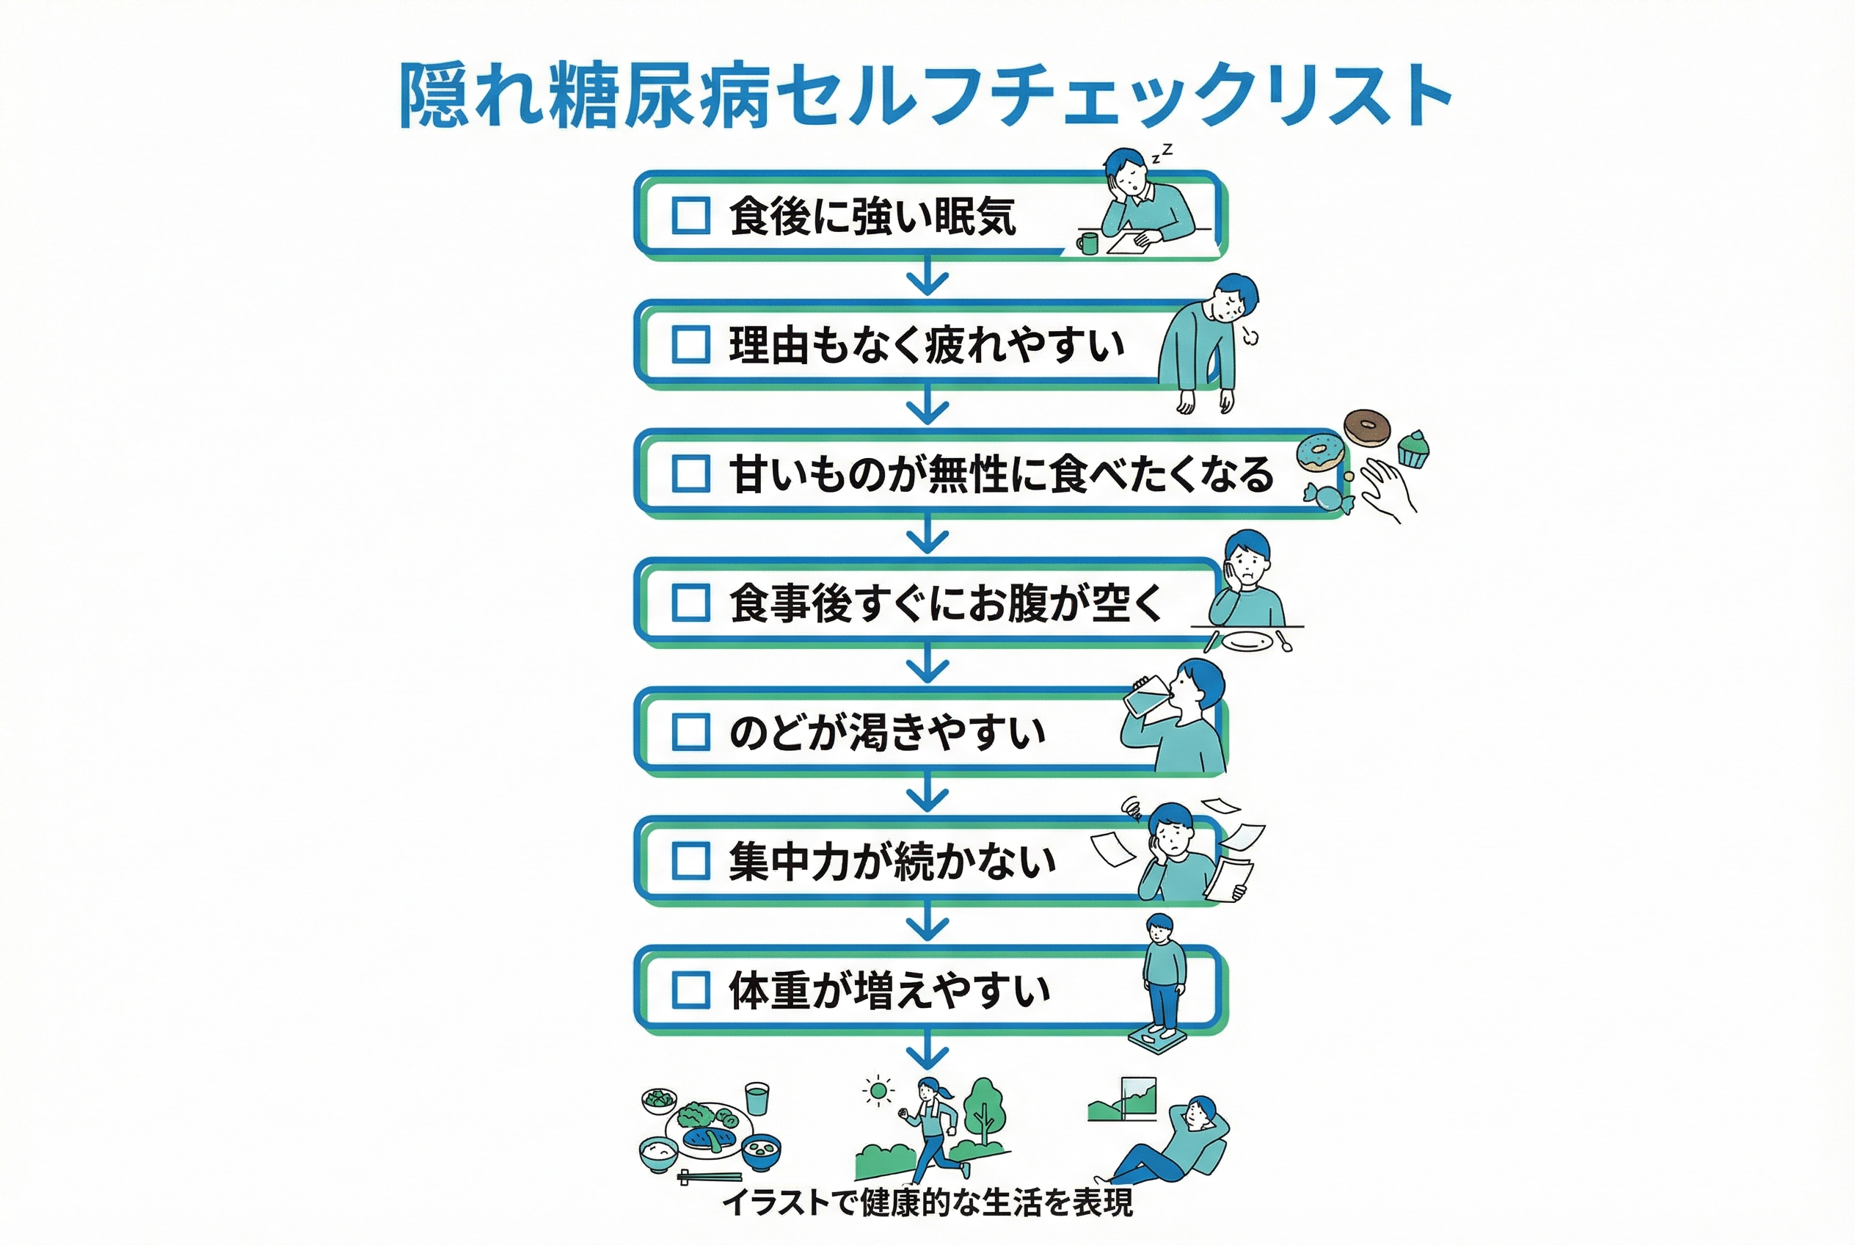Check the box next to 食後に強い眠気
coord(690,215)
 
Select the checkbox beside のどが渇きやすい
coord(690,731)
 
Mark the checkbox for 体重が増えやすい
coord(690,990)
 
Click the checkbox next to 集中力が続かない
coord(690,860)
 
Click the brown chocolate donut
coord(1366,428)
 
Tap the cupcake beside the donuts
coord(1412,449)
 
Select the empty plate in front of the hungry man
coord(1247,641)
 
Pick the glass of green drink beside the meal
coord(757,1100)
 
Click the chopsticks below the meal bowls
coord(710,1177)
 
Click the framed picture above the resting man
coord(1138,1099)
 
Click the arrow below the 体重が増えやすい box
coord(927,1050)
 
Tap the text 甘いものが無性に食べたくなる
coord(1002,474)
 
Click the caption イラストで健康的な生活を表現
coord(927,1202)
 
